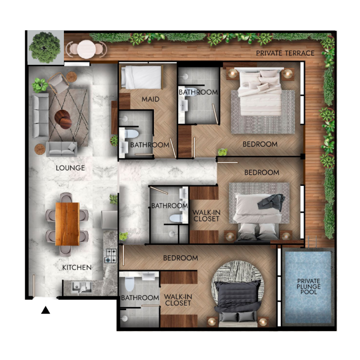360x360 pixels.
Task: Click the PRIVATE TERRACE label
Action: (x=285, y=53)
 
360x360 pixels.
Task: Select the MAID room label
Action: (x=150, y=99)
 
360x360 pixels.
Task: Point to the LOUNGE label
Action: (x=70, y=168)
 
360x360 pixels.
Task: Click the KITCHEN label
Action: (x=77, y=267)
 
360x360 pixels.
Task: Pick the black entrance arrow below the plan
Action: (x=45, y=310)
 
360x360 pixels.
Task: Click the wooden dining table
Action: (x=67, y=224)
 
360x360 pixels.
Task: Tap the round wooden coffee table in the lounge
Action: (x=63, y=119)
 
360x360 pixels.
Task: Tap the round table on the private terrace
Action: (x=85, y=48)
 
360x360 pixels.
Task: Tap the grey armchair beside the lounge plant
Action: (x=58, y=83)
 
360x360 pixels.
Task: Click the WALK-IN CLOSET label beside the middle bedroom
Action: (x=206, y=216)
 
